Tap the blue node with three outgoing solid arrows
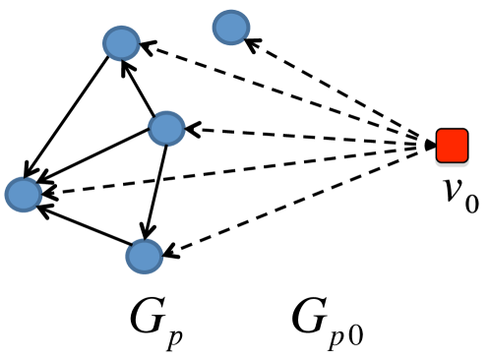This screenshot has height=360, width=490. click(x=165, y=127)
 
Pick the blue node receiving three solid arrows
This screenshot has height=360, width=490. click(x=22, y=194)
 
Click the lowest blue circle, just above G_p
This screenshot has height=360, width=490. click(x=144, y=256)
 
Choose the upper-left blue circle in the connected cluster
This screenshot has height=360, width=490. click(x=122, y=43)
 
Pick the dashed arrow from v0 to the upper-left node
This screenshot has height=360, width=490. click(x=285, y=93)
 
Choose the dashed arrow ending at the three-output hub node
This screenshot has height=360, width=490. click(x=305, y=137)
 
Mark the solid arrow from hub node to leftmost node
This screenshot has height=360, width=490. click(x=94, y=160)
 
